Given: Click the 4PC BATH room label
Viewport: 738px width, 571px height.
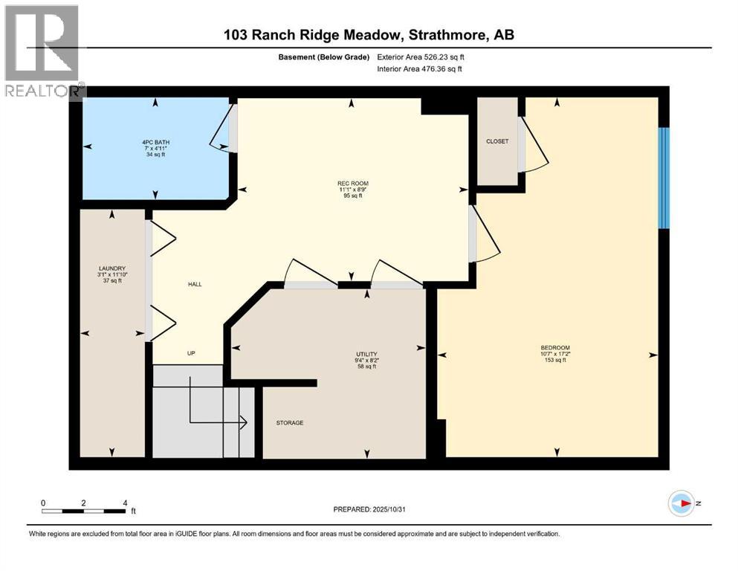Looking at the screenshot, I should point(155,141).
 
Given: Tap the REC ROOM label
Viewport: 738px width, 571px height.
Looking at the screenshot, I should point(352,183).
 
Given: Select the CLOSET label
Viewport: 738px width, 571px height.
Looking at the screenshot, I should point(497,141).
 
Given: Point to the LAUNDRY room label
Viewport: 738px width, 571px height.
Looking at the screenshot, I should point(112,268).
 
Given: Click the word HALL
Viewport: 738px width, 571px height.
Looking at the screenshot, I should point(195,284).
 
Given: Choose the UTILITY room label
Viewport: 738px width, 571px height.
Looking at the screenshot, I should point(367,354).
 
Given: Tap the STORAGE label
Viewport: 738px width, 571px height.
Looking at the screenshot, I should point(289,423).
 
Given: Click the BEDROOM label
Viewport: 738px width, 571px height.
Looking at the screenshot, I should point(555,347).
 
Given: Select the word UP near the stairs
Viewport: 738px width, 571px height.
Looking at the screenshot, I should point(191,353).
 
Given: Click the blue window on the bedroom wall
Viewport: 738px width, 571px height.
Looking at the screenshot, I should point(664,178).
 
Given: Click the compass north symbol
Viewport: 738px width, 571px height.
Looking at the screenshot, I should point(682,503).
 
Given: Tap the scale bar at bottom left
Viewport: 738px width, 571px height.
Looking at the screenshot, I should point(83,511).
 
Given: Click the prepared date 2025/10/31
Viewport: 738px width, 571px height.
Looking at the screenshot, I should point(369,509).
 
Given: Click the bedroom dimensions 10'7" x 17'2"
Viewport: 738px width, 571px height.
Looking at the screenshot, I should point(555,354).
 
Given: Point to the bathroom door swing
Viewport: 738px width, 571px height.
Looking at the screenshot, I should point(222,129).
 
